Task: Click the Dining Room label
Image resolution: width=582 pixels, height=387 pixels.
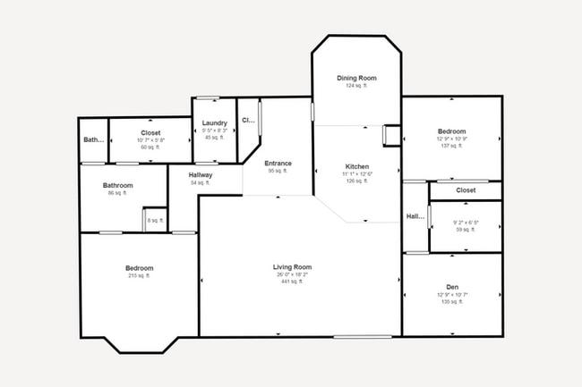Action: pyautogui.click(x=356, y=79)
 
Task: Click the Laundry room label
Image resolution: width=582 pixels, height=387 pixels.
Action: pyautogui.click(x=214, y=123)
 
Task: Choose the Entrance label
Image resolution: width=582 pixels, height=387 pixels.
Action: pyautogui.click(x=278, y=164)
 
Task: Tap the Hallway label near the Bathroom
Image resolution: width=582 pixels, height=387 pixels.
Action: pyautogui.click(x=201, y=175)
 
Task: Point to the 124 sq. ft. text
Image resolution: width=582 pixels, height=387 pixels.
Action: pyautogui.click(x=356, y=86)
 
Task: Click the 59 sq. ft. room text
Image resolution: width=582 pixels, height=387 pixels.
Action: pyautogui.click(x=466, y=230)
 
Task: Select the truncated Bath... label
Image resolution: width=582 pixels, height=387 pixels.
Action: pyautogui.click(x=93, y=140)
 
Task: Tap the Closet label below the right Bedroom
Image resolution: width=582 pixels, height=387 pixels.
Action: pyautogui.click(x=466, y=190)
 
